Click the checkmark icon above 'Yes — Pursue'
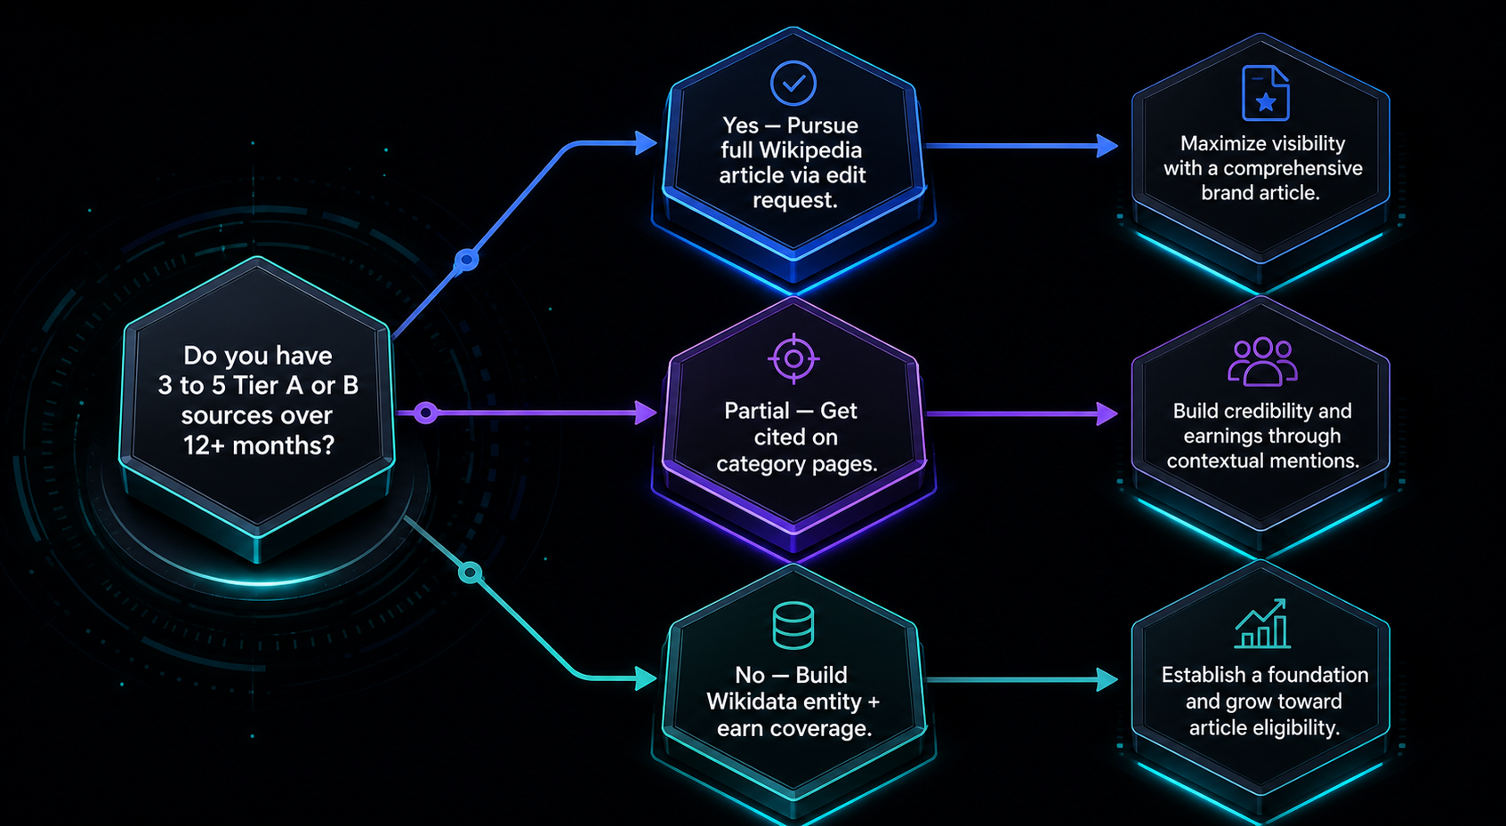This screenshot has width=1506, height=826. click(x=793, y=83)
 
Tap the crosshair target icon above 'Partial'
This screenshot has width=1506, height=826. click(x=793, y=359)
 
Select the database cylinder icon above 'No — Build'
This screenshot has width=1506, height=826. click(x=793, y=626)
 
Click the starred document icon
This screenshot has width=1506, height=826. click(x=1265, y=92)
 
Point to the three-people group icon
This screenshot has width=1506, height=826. click(x=1262, y=362)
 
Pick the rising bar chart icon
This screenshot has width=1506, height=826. click(x=1262, y=623)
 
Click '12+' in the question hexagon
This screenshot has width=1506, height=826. click(x=204, y=445)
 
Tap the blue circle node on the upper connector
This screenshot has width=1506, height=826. click(x=467, y=261)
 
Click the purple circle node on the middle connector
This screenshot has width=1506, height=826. click(x=425, y=413)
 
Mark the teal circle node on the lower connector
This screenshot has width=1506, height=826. click(x=470, y=573)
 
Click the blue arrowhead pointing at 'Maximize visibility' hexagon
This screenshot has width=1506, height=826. click(x=1107, y=145)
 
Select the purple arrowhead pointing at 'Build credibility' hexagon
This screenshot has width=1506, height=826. click(x=1107, y=413)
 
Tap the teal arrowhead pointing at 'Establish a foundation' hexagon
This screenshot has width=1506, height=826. click(x=1107, y=679)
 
